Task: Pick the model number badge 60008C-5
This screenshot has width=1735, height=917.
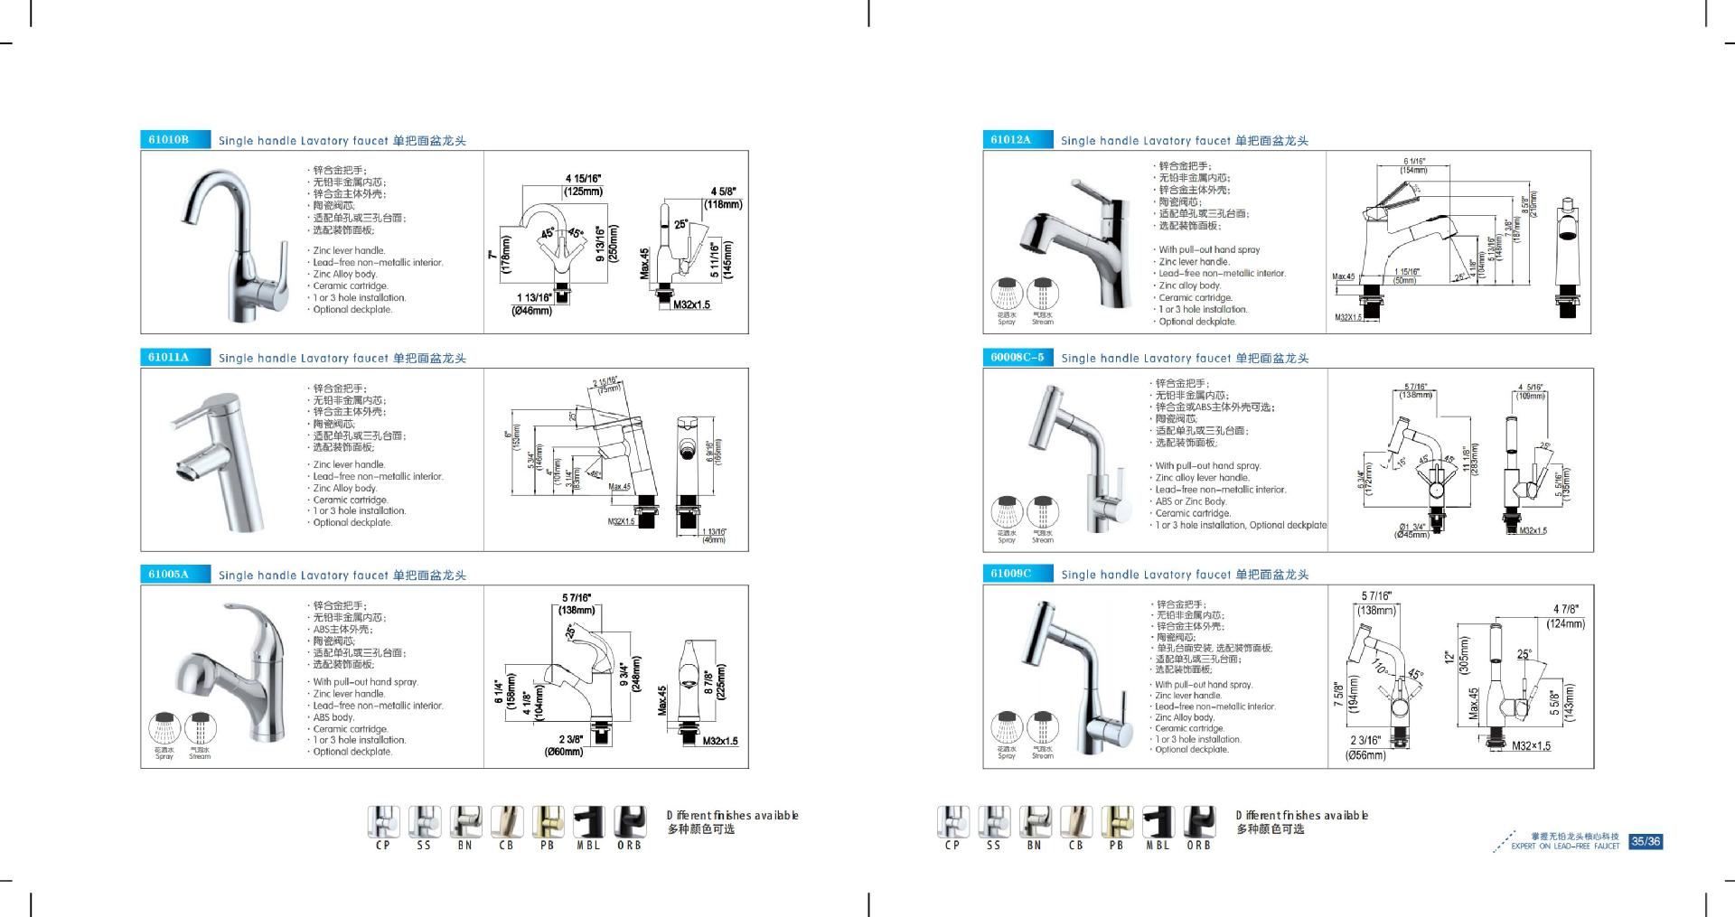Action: (1018, 357)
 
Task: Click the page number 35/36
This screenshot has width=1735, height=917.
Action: (1645, 841)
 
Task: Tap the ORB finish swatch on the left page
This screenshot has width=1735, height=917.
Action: (630, 822)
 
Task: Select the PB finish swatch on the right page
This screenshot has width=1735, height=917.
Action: (1116, 822)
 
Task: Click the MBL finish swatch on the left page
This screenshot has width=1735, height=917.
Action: (588, 822)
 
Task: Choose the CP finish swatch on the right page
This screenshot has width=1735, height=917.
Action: (952, 822)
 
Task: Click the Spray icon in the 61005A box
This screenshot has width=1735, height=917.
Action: (164, 728)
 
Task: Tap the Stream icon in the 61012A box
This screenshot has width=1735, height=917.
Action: (1043, 294)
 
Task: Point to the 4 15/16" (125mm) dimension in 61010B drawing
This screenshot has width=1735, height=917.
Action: (584, 185)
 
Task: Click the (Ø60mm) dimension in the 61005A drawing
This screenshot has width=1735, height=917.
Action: (564, 752)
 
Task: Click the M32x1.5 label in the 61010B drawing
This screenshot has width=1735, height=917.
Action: (691, 304)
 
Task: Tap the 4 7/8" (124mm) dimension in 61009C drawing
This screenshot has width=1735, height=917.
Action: (1566, 617)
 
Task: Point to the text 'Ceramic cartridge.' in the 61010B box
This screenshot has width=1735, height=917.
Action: (351, 285)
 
